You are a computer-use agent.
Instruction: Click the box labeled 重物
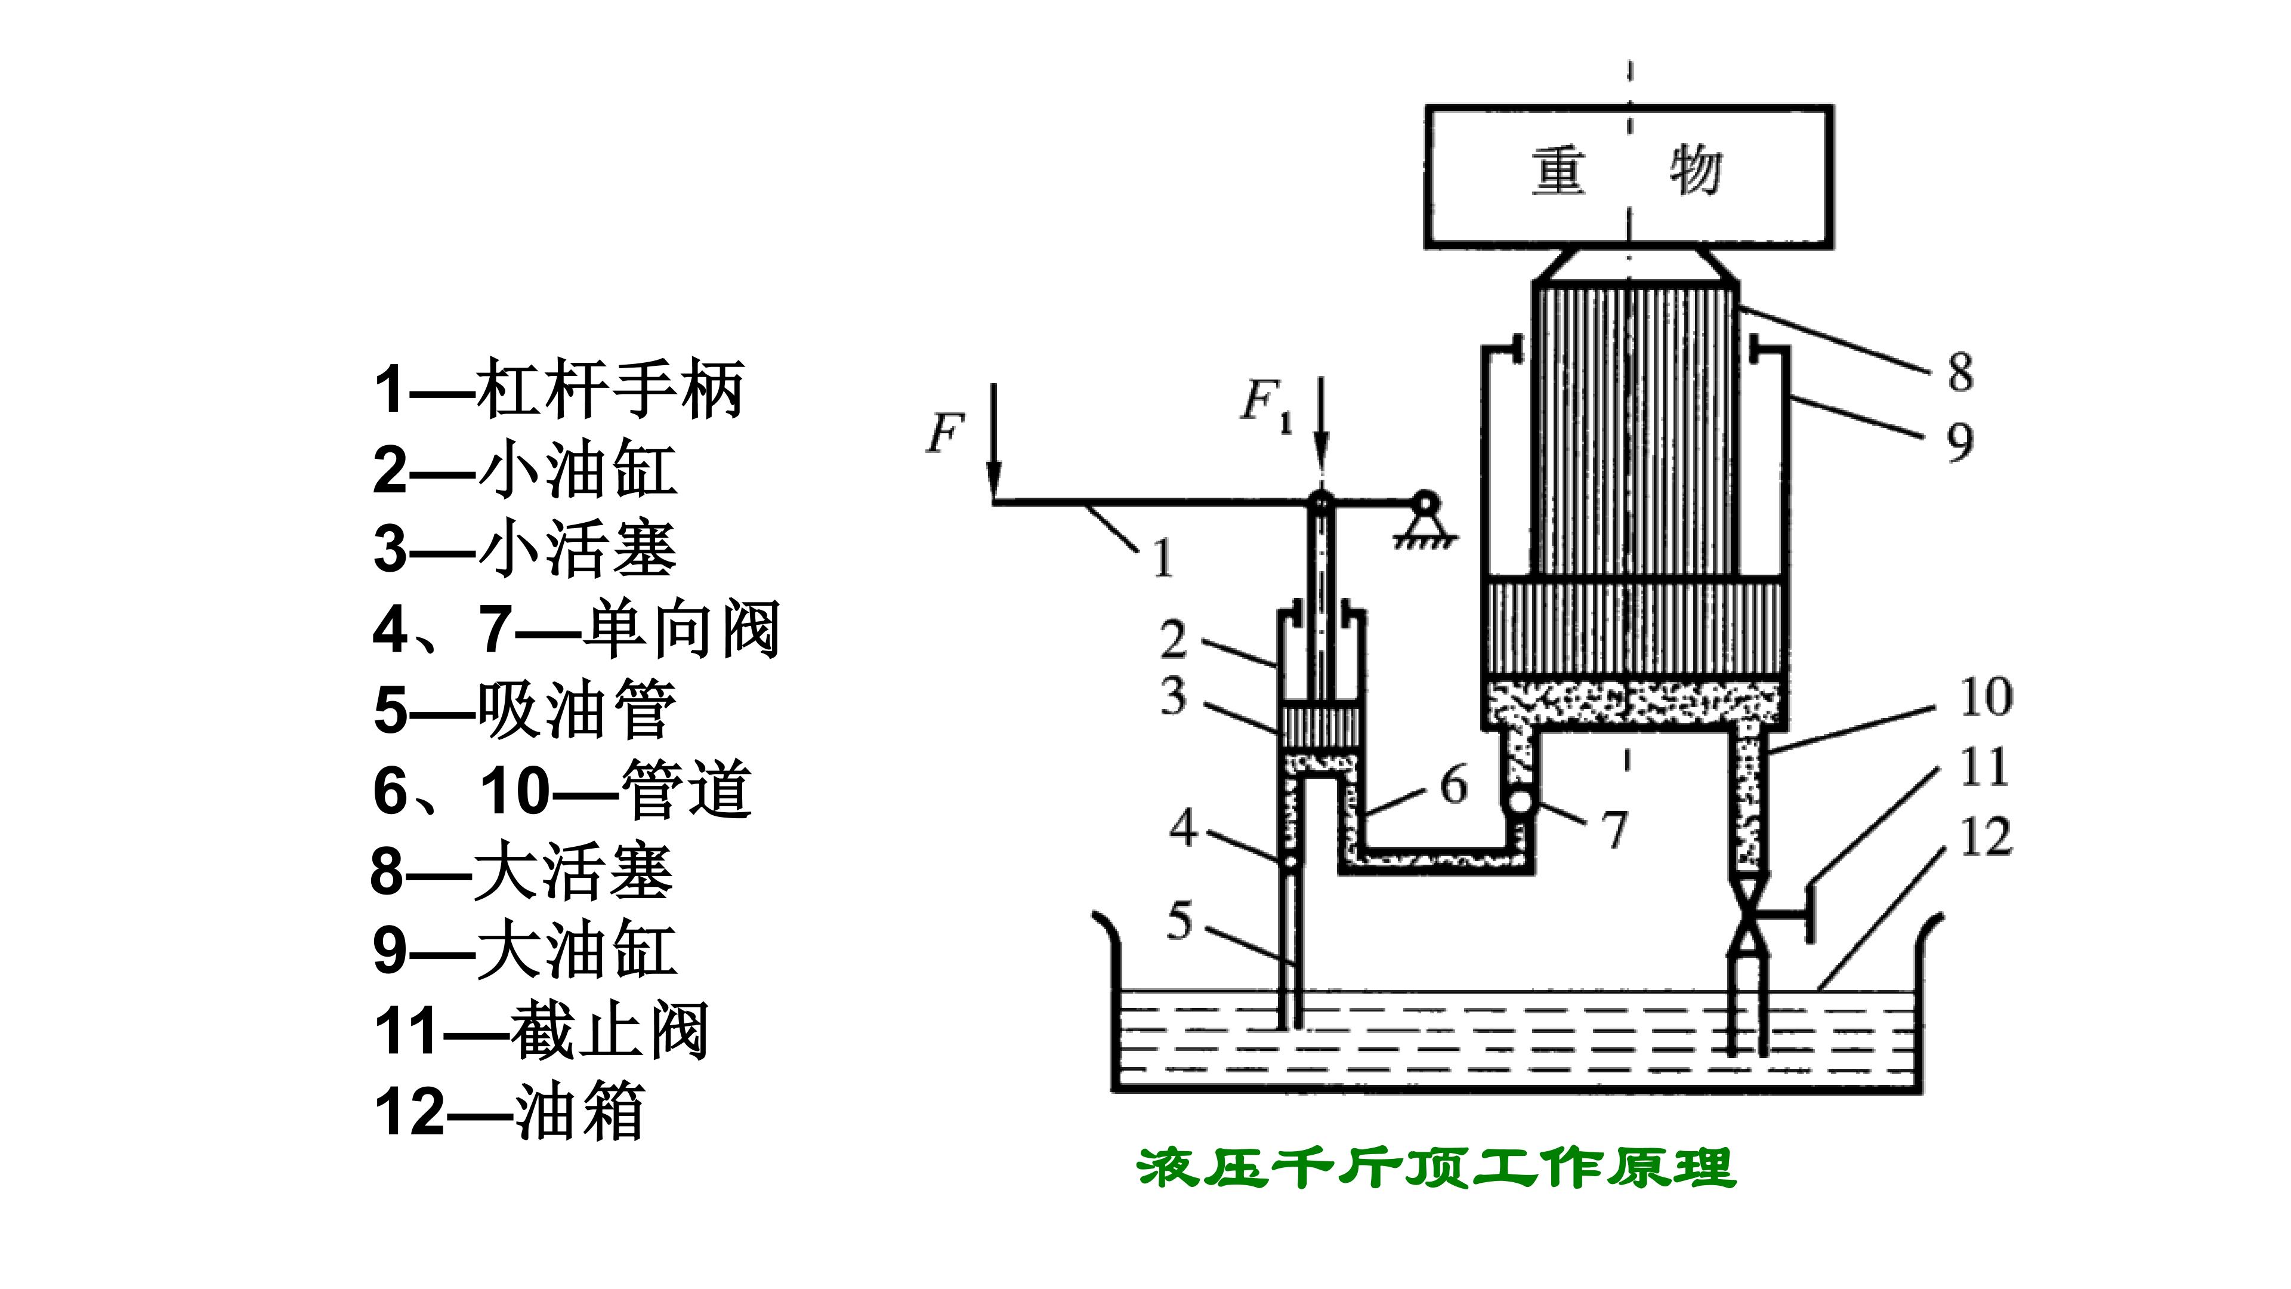click(x=1629, y=176)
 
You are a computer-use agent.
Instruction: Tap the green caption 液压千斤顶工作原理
click(x=1436, y=1167)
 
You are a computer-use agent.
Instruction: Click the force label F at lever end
click(x=946, y=433)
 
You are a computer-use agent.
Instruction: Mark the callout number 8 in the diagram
click(x=1960, y=372)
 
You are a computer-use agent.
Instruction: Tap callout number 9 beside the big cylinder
click(x=1960, y=442)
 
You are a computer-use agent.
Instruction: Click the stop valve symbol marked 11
click(x=1749, y=916)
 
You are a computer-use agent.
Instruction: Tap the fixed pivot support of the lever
click(x=1425, y=520)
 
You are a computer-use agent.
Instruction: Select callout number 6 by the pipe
click(x=1453, y=785)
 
